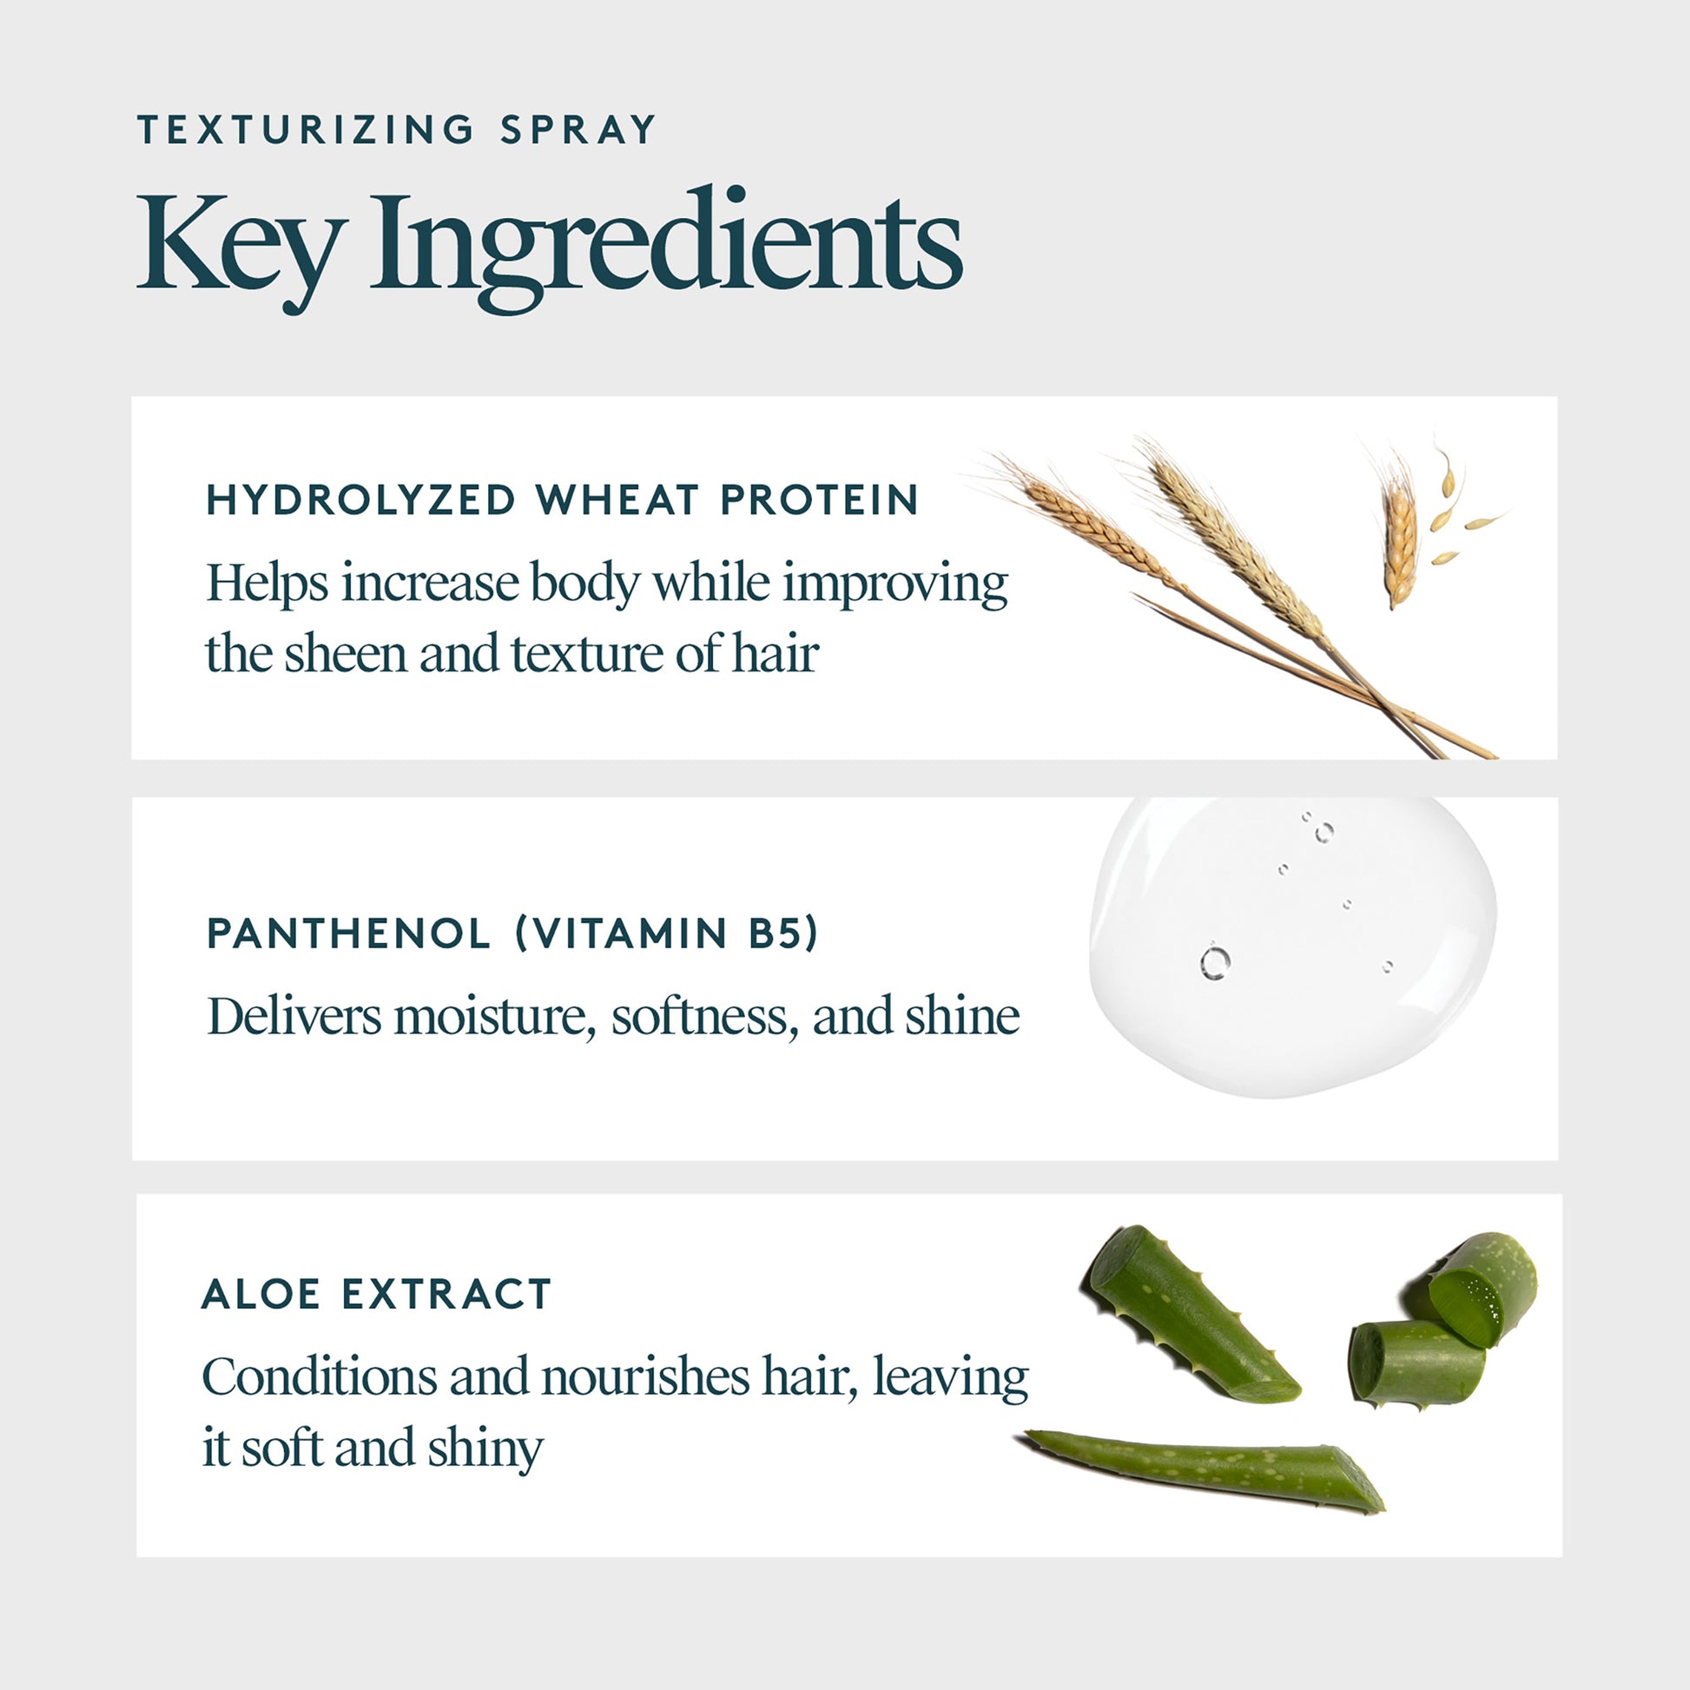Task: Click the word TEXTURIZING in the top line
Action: (x=306, y=130)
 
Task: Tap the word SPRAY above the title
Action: (x=578, y=130)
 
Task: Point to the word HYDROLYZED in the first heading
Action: (x=361, y=500)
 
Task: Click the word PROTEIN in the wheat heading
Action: (x=820, y=500)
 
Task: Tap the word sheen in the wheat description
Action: (x=347, y=654)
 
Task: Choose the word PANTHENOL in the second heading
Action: (x=348, y=934)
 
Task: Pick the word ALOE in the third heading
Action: (x=261, y=1295)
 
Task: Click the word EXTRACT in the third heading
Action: (x=446, y=1295)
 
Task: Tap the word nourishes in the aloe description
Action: (x=644, y=1376)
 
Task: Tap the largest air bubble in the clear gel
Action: (x=1215, y=963)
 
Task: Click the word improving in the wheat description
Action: (x=895, y=584)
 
